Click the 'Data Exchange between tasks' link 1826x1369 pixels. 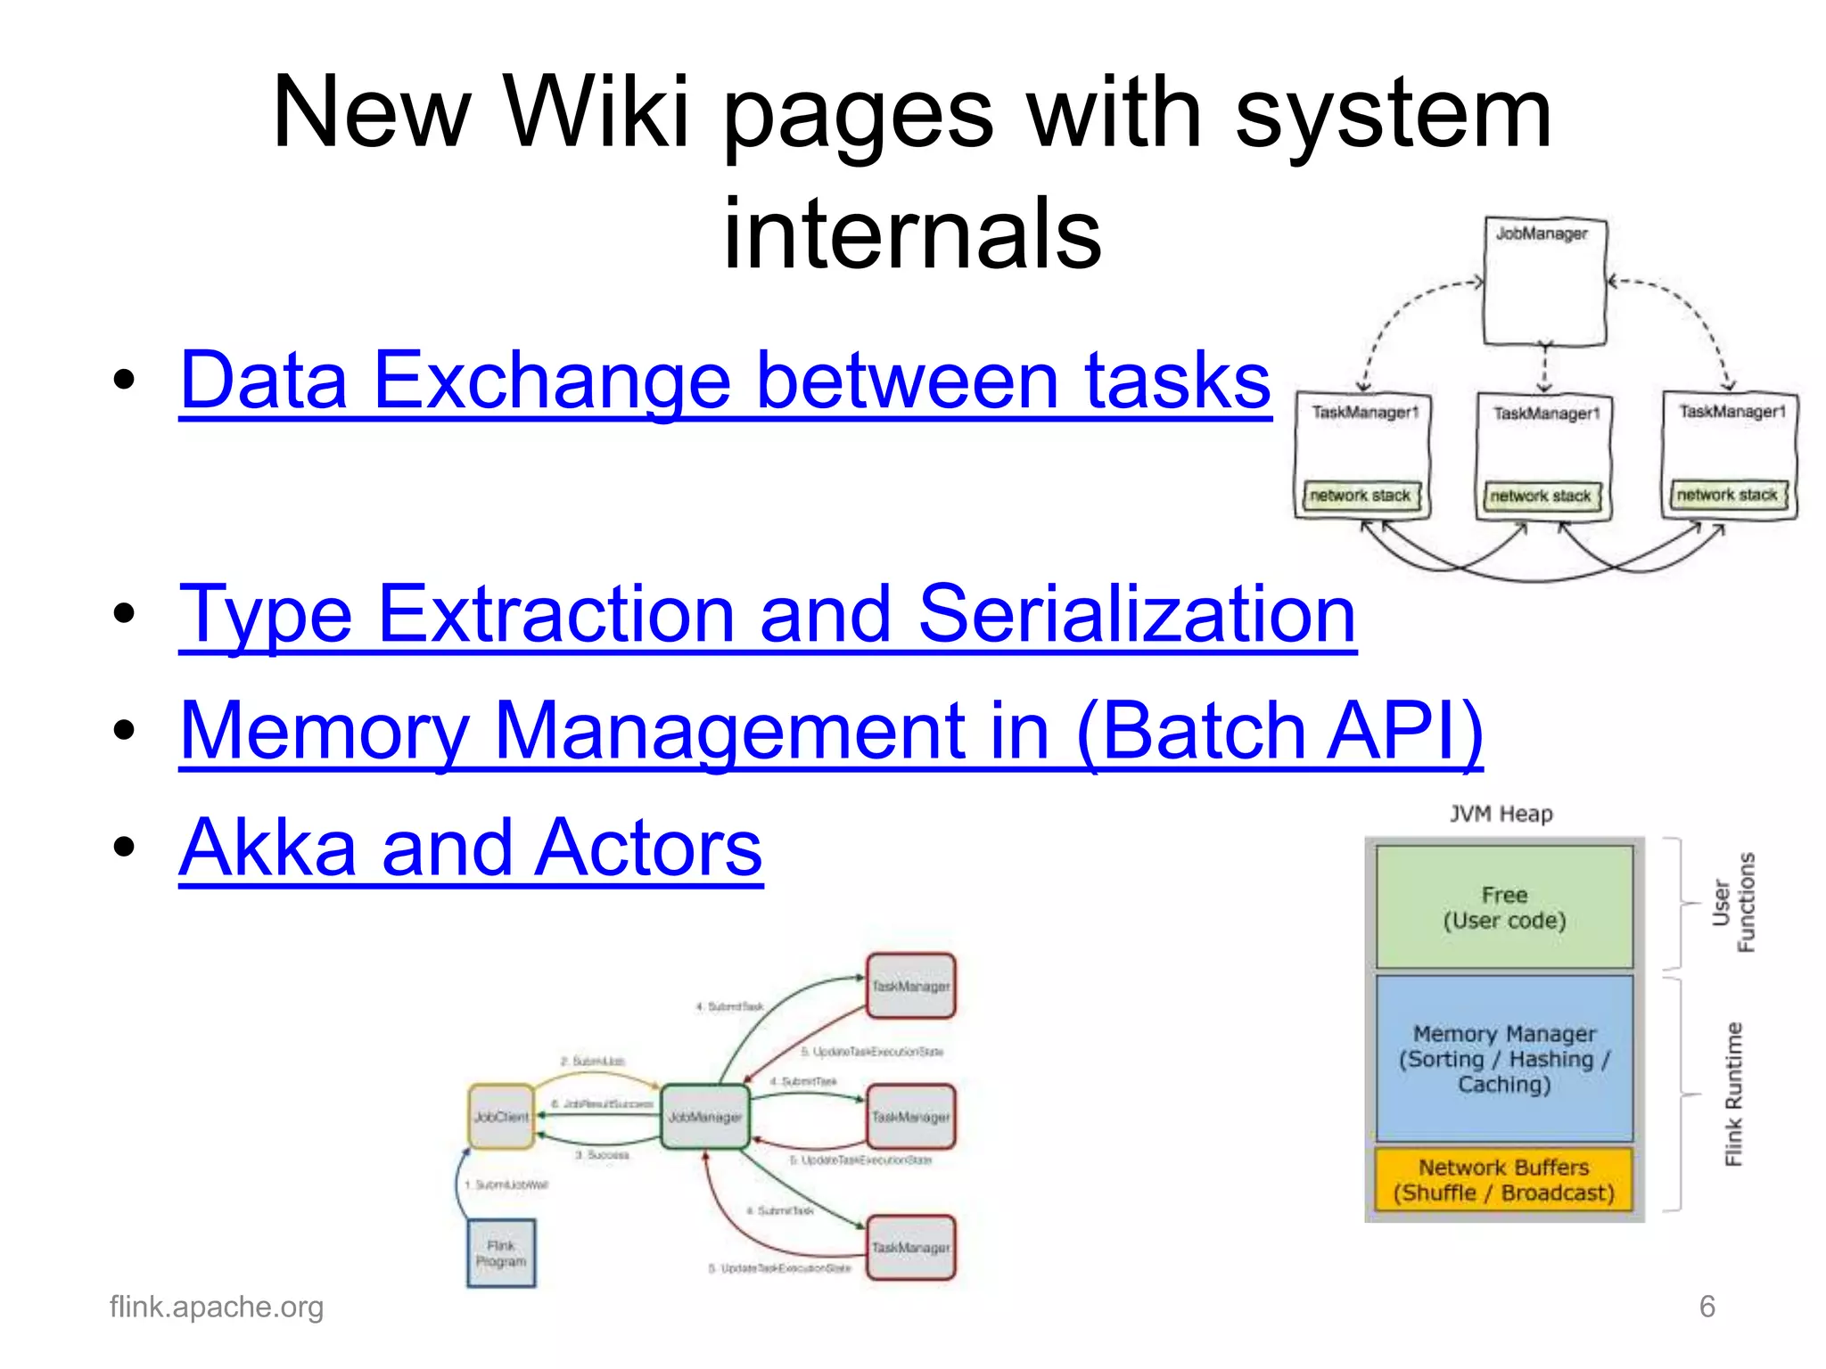click(x=724, y=381)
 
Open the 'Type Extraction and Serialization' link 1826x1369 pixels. click(x=767, y=614)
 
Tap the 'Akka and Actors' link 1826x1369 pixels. click(x=471, y=848)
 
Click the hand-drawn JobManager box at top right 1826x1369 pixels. click(x=1544, y=282)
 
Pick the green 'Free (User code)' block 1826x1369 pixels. click(x=1504, y=907)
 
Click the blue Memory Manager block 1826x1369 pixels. click(x=1504, y=1059)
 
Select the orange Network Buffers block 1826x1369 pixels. click(x=1504, y=1180)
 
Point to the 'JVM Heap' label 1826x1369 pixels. click(x=1501, y=814)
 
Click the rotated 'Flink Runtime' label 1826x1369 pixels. click(x=1732, y=1094)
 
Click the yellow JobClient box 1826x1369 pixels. click(x=501, y=1117)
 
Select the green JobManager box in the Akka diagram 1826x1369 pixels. click(x=705, y=1117)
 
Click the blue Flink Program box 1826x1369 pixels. click(x=501, y=1253)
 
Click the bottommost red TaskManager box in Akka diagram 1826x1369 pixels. click(x=910, y=1248)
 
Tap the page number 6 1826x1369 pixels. click(x=1707, y=1307)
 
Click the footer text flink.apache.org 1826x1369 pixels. click(x=217, y=1307)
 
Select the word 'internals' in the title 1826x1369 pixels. click(x=912, y=234)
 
